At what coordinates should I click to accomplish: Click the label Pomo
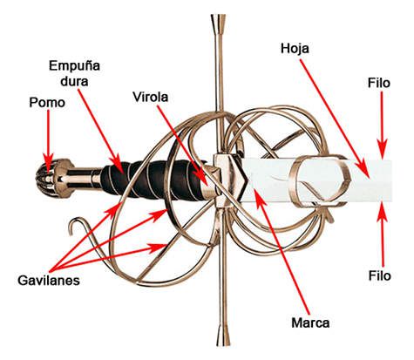tap(47, 103)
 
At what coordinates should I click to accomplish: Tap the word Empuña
tap(74, 66)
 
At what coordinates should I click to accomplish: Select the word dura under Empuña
tap(74, 81)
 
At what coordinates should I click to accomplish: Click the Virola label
tap(151, 97)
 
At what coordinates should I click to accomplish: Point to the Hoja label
tap(295, 49)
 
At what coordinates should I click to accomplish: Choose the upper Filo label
tap(379, 84)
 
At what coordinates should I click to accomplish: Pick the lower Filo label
tap(380, 275)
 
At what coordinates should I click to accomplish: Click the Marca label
tap(310, 323)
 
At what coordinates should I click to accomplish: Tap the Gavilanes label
tap(49, 281)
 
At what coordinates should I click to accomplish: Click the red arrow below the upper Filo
tap(383, 125)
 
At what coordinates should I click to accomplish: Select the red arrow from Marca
tap(282, 252)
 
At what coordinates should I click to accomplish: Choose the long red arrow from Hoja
tap(335, 119)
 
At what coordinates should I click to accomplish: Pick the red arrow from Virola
tap(183, 146)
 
